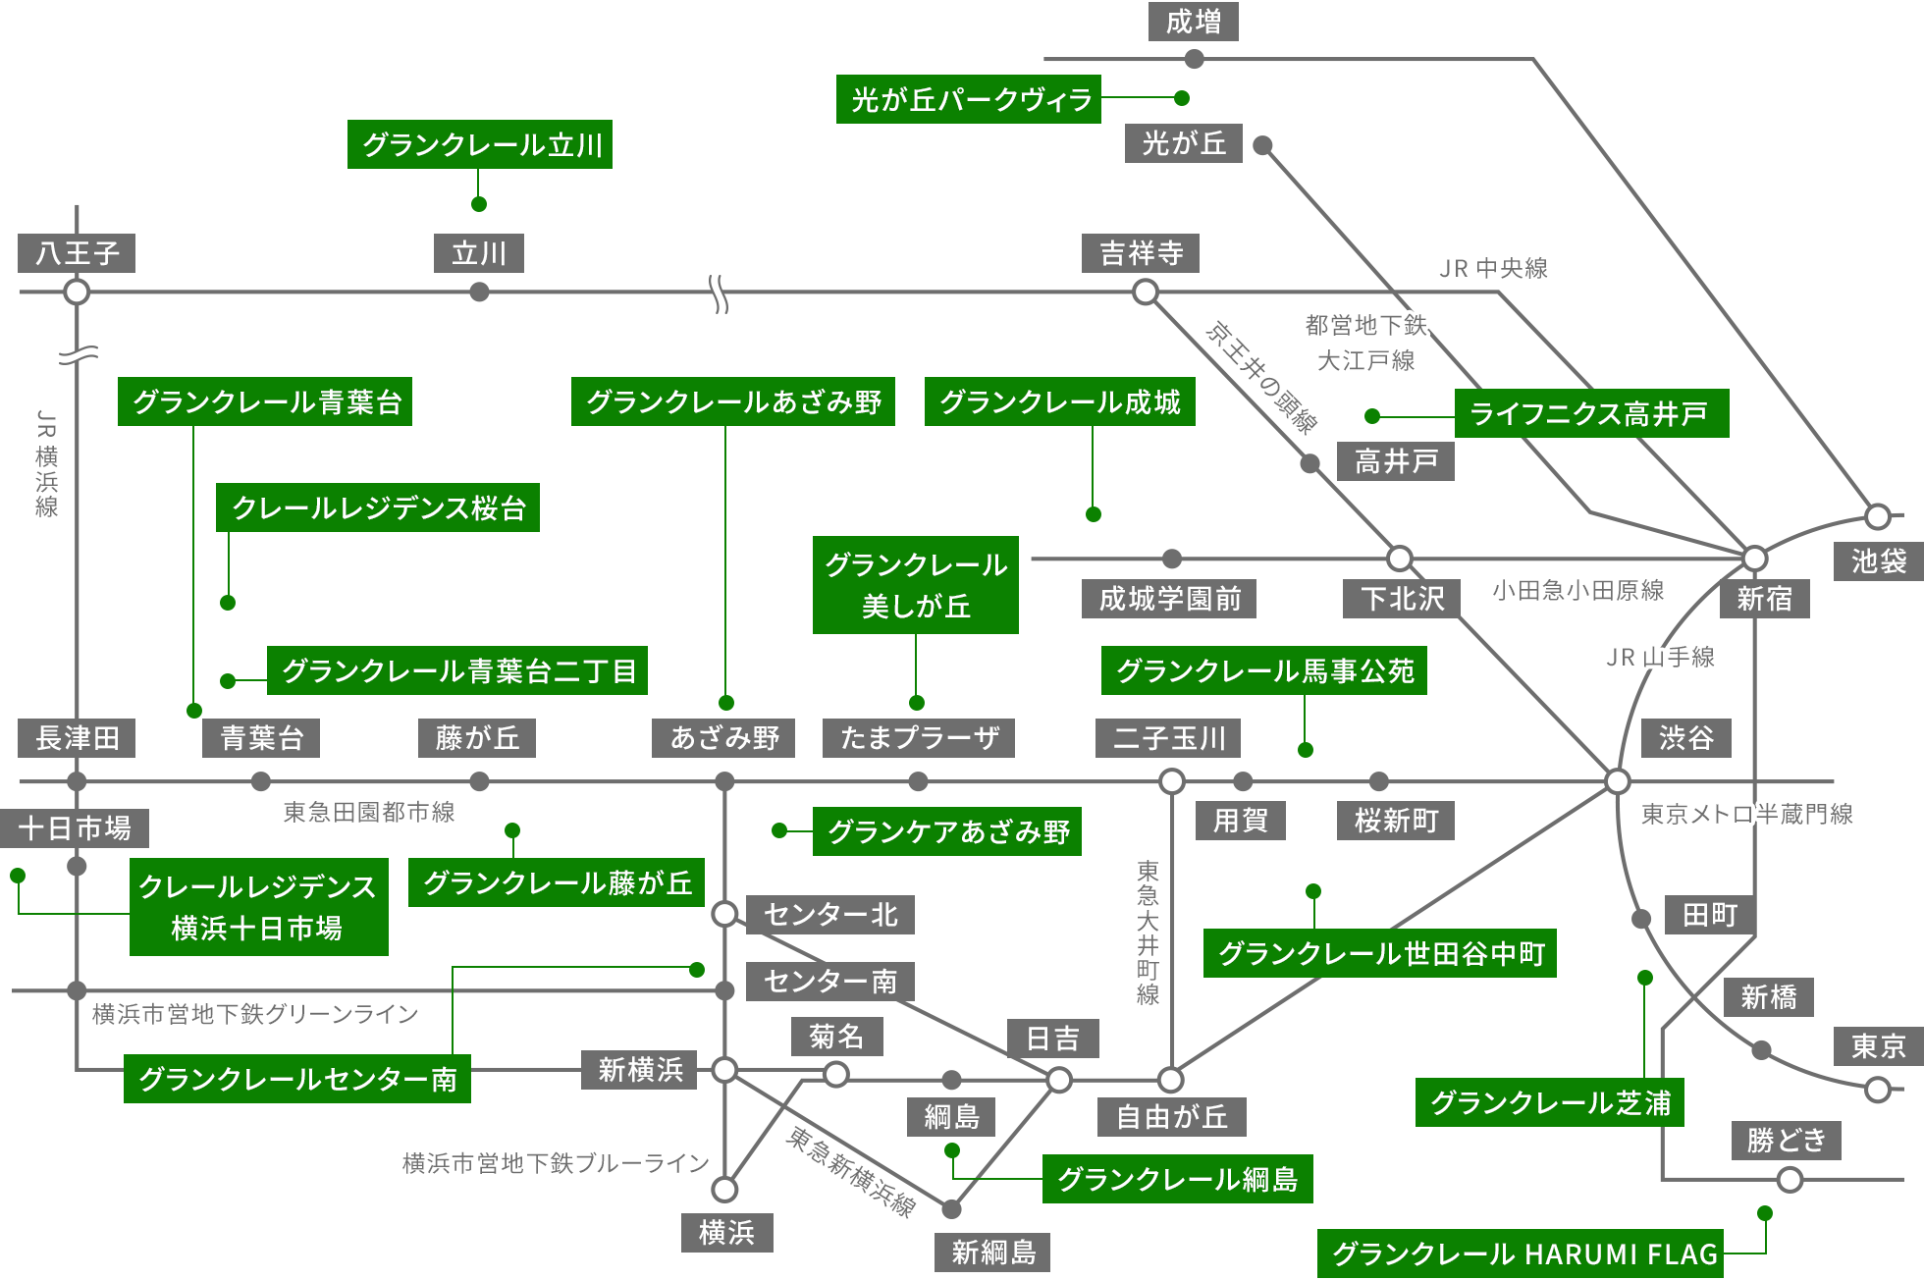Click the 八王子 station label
(77, 253)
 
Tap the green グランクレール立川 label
(479, 144)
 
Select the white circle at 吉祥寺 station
(1145, 292)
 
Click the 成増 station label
(1193, 22)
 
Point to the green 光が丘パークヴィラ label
(968, 99)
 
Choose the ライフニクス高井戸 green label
(1590, 413)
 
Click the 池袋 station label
(1878, 561)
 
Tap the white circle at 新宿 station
(1754, 559)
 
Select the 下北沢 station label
(1402, 598)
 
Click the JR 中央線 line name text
(1493, 268)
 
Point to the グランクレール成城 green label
(1059, 401)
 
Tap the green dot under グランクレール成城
(1093, 514)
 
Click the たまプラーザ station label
(918, 738)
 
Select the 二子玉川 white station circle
(1171, 781)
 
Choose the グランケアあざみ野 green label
(946, 831)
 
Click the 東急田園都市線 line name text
(368, 812)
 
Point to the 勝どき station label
(1786, 1140)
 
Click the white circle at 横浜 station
(724, 1190)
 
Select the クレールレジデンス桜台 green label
(377, 507)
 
